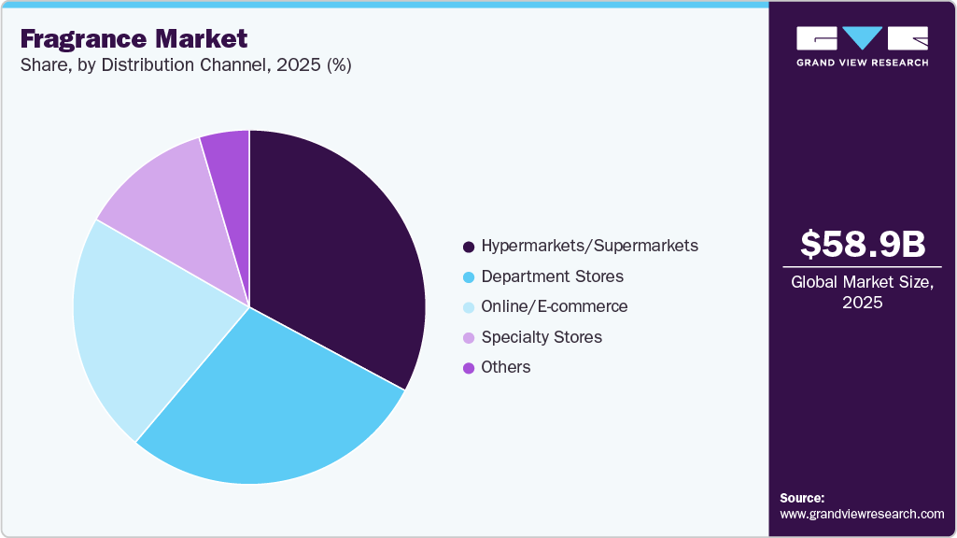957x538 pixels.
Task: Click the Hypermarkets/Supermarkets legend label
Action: [x=589, y=247]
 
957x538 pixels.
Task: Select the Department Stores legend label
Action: [x=552, y=276]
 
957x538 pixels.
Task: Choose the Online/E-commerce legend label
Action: [x=555, y=306]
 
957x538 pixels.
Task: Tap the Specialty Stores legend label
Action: [x=542, y=337]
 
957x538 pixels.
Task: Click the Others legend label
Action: [x=506, y=367]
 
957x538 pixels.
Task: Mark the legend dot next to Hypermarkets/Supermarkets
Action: [x=469, y=248]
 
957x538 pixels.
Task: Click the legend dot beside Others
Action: [x=469, y=368]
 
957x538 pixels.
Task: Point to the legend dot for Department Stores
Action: [x=469, y=277]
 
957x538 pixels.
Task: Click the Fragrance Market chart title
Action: [x=134, y=39]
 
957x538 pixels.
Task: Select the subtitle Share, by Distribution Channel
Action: [x=185, y=66]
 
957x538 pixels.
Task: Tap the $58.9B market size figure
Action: [x=862, y=245]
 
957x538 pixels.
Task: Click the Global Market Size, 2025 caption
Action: [x=862, y=293]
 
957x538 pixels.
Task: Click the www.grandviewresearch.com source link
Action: [x=862, y=515]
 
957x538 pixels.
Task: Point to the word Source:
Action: [x=802, y=498]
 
